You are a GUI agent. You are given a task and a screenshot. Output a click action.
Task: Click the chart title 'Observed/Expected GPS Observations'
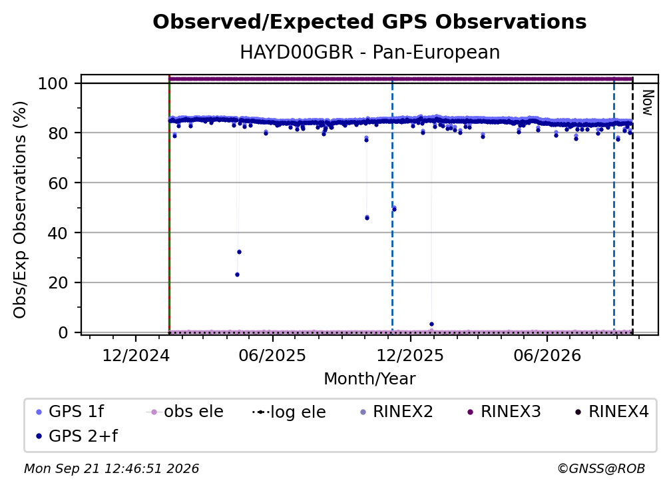click(x=369, y=22)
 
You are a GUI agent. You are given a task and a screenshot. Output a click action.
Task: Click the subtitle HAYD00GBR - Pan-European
click(x=369, y=52)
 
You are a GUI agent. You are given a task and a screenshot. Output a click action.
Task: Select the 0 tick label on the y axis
click(x=63, y=332)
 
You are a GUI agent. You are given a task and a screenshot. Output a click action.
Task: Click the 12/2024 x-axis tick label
click(x=136, y=355)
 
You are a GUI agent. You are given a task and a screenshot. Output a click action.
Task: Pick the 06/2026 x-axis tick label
click(x=547, y=355)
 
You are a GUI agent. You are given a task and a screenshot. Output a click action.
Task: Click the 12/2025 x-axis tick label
click(x=410, y=355)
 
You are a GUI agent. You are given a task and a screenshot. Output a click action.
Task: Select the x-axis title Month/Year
click(x=369, y=378)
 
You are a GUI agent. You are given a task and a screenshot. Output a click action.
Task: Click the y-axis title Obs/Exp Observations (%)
click(x=20, y=209)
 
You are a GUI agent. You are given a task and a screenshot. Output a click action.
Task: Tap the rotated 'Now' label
click(x=648, y=103)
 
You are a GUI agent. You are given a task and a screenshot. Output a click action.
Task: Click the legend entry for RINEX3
click(x=503, y=412)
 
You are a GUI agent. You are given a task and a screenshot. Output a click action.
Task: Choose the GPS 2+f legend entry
click(x=77, y=436)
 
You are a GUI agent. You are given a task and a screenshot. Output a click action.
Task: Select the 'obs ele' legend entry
click(x=184, y=412)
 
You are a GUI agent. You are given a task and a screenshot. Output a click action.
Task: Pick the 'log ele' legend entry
click(x=290, y=412)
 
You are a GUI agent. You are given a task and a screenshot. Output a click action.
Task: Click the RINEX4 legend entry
click(x=612, y=412)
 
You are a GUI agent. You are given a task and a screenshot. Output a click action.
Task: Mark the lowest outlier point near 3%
click(x=431, y=324)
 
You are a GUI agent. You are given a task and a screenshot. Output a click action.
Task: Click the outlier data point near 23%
click(x=237, y=274)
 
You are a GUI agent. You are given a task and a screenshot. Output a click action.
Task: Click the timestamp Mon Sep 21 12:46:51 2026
click(x=111, y=468)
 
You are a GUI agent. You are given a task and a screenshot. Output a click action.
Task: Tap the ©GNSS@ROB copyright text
click(x=601, y=468)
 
